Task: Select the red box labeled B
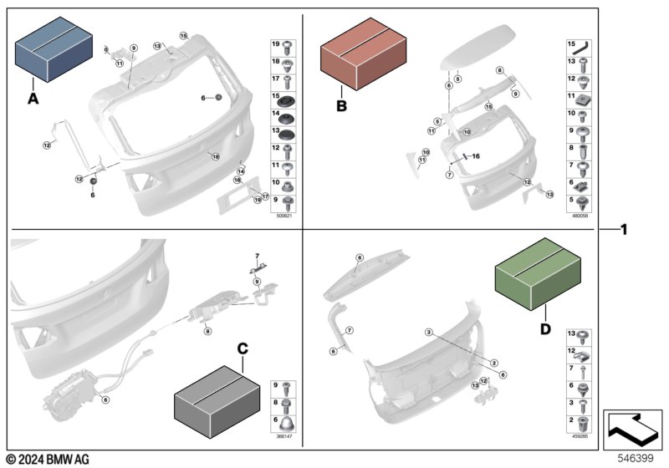click(x=363, y=56)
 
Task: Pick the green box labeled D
click(x=537, y=273)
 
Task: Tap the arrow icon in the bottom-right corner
click(x=633, y=429)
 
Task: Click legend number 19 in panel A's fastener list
click(x=275, y=44)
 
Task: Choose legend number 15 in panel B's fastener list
click(x=572, y=44)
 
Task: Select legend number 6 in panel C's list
click(x=275, y=420)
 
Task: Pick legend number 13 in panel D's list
click(x=572, y=334)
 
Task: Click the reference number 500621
click(x=284, y=216)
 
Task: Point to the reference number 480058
click(x=580, y=216)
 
